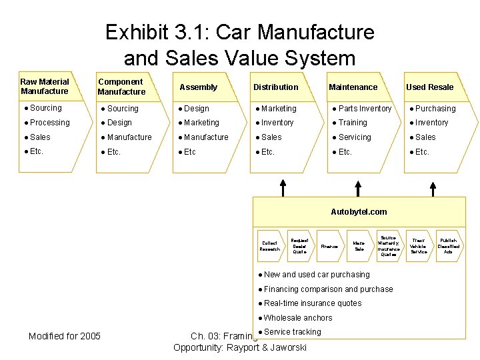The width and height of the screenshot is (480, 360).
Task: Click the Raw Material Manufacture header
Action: point(45,87)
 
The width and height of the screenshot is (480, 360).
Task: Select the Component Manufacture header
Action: point(121,87)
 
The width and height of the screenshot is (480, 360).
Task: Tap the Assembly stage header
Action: point(199,87)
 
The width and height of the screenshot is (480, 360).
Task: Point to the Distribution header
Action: point(276,87)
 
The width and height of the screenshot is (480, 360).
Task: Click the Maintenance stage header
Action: point(353,87)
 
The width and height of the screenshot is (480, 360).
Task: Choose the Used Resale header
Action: point(430,87)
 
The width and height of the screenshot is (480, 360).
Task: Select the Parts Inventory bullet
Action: point(365,109)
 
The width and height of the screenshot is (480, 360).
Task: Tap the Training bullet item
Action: point(353,123)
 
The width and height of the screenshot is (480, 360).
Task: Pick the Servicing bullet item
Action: point(355,137)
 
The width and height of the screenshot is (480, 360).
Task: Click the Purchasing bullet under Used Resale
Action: point(435,109)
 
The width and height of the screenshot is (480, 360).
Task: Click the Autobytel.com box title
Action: point(359,212)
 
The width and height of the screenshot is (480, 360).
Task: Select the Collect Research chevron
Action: point(270,246)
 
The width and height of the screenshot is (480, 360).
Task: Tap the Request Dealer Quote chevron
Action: point(299,246)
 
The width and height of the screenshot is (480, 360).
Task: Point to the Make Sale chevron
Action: point(359,246)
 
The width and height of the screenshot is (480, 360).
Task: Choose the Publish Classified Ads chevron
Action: point(448,246)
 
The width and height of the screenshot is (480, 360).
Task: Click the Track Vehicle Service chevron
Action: point(419,246)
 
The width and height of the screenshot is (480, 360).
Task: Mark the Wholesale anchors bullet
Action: point(297,318)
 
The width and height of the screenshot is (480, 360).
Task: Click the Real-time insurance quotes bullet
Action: point(313,303)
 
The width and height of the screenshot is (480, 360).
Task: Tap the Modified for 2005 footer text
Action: point(65,336)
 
